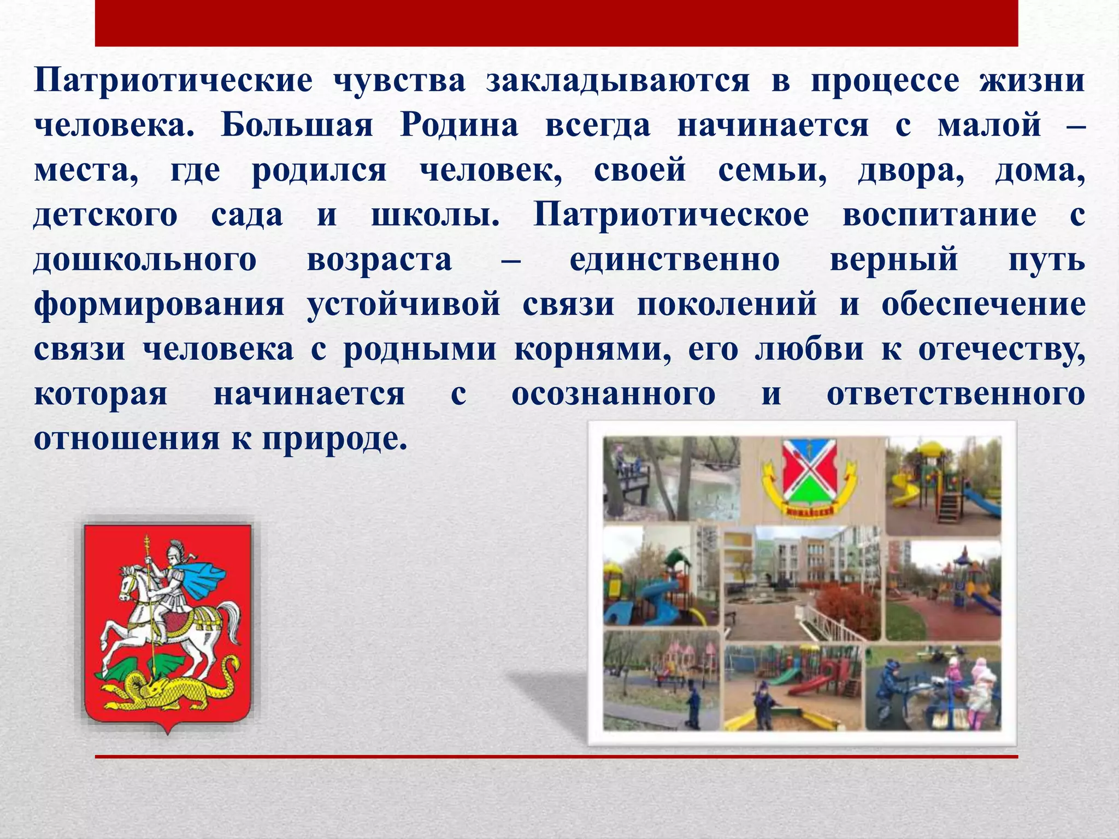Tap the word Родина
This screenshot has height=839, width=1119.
click(x=459, y=125)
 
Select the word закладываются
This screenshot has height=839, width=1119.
click(x=618, y=81)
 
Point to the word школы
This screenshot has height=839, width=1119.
click(x=435, y=215)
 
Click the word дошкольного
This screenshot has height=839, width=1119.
click(x=145, y=259)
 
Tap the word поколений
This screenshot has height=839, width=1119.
click(x=727, y=304)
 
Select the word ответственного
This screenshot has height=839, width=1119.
click(x=956, y=394)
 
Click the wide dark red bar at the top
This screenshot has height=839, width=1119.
click(x=556, y=23)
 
